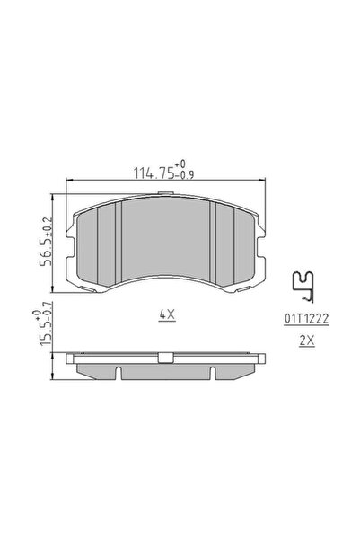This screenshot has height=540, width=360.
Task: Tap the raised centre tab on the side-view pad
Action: coord(165,359)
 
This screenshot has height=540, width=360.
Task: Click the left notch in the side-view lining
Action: coord(118,369)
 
